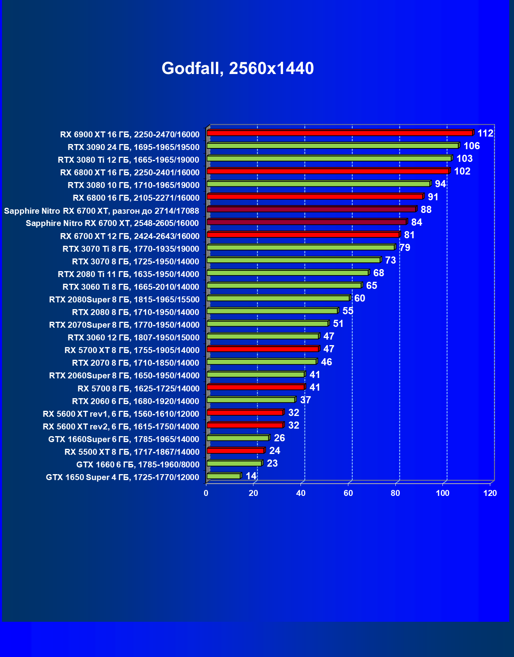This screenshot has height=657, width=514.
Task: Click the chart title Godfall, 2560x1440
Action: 238,68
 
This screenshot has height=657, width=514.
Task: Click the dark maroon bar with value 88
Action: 311,209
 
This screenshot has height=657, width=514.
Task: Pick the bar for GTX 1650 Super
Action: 223,476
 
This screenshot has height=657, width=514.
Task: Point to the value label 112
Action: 485,133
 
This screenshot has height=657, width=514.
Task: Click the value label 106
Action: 471,146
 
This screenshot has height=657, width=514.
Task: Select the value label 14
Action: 251,476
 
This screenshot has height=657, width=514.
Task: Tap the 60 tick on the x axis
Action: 348,493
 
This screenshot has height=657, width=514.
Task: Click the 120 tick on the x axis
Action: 490,493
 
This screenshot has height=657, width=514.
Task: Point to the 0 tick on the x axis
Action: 206,493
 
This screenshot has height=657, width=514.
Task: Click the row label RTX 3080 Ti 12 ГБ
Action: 128,160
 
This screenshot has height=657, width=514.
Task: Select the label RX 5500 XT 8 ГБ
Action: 132,452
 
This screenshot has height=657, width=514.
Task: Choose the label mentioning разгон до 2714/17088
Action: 102,211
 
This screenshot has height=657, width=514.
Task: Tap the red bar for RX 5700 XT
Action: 263,349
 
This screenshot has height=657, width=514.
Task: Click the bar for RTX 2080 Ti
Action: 287,273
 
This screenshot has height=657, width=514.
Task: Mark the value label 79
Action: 404,248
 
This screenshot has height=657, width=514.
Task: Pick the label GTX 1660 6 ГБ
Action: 138,465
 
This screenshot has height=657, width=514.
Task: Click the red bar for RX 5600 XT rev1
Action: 245,412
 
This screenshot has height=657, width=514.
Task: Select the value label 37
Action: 305,400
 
